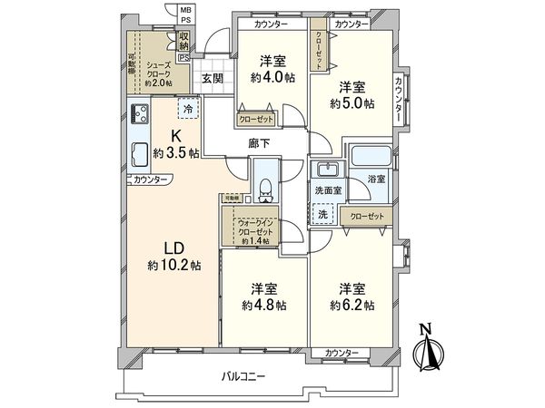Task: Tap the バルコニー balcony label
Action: point(246,376)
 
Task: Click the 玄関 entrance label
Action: point(213,79)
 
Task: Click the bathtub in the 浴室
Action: point(371,159)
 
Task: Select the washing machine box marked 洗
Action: point(322,214)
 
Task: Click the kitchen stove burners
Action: point(141,114)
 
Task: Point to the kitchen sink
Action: point(141,152)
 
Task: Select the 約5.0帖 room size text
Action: point(352,102)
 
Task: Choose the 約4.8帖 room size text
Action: point(264,305)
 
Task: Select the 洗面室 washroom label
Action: point(327,191)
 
